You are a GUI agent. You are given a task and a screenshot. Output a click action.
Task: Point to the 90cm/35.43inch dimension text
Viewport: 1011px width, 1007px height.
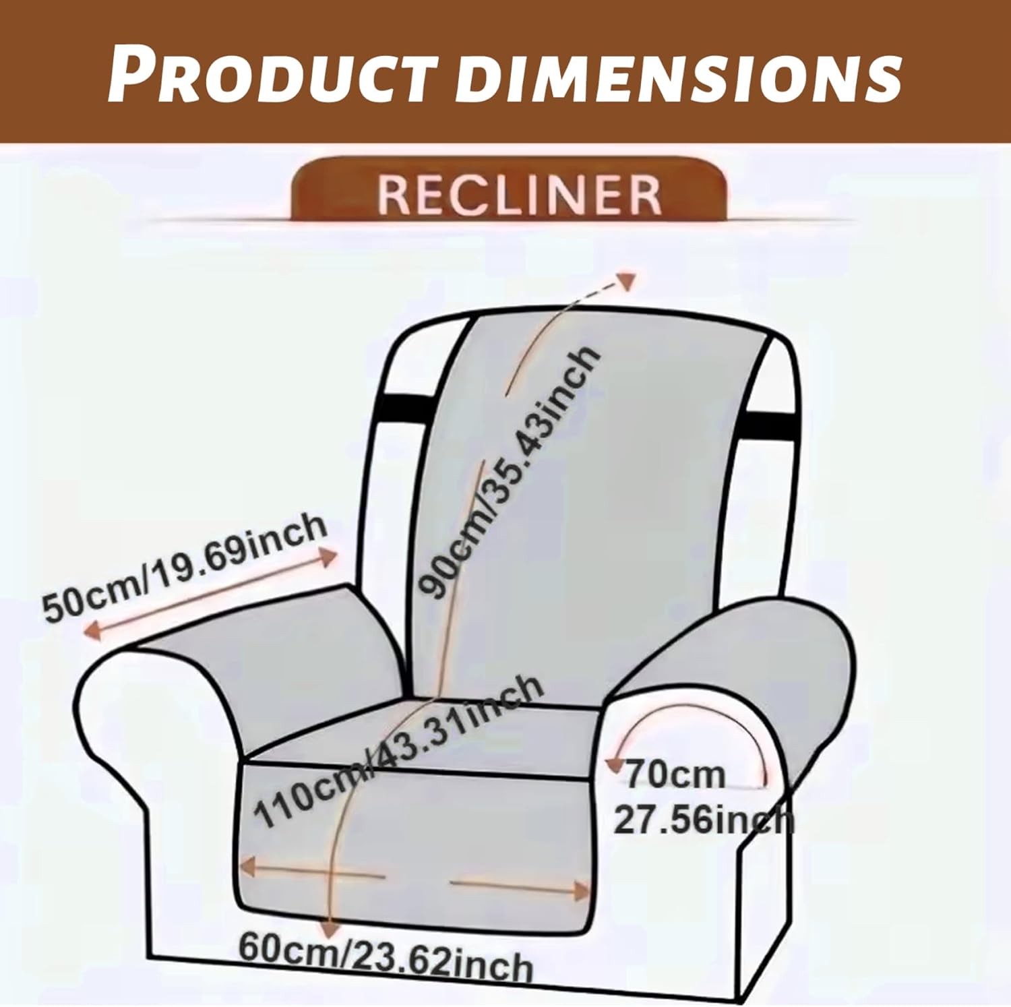coord(510,472)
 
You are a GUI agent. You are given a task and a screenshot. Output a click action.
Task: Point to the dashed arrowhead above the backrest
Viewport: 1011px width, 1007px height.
coord(627,281)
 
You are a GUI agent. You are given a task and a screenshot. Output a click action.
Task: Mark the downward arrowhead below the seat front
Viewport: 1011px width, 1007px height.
coord(330,928)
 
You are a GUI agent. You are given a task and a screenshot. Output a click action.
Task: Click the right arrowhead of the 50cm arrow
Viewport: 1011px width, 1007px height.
coord(328,557)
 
